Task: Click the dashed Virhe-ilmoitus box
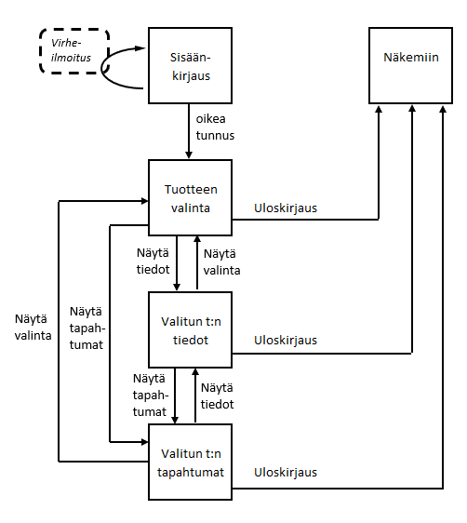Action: (x=74, y=55)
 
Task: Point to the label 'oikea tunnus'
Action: (x=215, y=128)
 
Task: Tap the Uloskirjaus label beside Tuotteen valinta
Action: (x=286, y=208)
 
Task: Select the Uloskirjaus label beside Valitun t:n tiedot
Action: (x=286, y=341)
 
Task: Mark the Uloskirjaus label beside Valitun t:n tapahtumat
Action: (x=286, y=472)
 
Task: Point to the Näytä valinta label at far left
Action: (x=33, y=325)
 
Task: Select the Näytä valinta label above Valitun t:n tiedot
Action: (x=222, y=262)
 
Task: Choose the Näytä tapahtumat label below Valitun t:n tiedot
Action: (x=150, y=395)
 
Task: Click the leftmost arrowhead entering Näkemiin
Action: (x=380, y=110)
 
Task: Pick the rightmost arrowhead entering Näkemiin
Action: (x=443, y=110)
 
